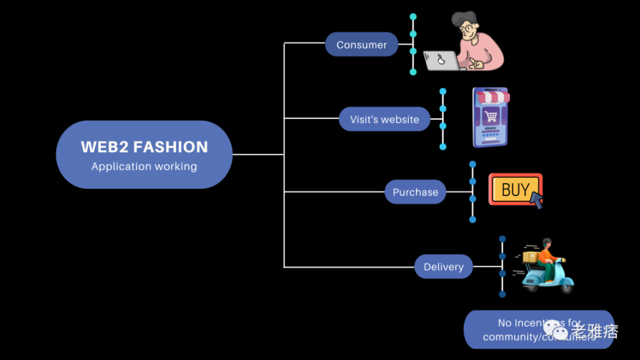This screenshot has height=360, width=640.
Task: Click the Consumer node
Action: [361, 45]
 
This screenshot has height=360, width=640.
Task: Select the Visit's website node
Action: [385, 119]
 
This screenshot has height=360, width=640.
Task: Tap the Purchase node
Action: [415, 192]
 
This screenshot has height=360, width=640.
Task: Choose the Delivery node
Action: [444, 267]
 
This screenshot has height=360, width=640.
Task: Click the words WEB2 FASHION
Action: [144, 147]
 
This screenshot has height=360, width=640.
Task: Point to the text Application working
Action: [144, 167]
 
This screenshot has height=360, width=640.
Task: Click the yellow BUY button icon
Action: [514, 190]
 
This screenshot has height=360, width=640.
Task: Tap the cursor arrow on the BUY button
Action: [537, 199]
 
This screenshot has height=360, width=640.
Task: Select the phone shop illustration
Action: [491, 118]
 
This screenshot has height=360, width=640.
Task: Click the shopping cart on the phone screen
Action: [491, 116]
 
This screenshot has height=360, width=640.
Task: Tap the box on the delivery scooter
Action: [531, 257]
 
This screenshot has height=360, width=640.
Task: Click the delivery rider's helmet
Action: [546, 242]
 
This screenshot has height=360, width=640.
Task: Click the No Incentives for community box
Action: [539, 329]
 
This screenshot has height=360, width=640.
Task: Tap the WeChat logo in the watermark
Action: [555, 329]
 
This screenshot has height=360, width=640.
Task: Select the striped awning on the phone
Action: [493, 97]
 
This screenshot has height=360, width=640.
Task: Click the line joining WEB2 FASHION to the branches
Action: [258, 155]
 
